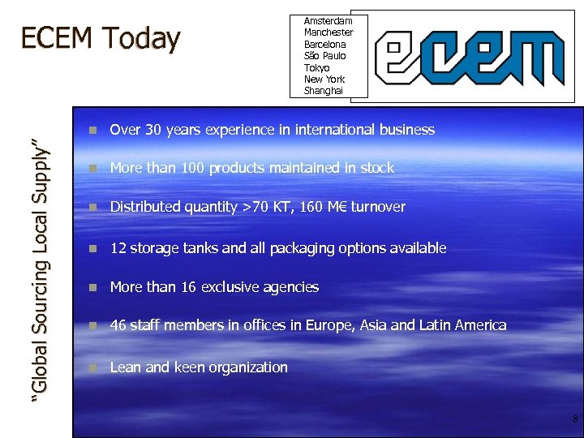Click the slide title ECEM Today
pyautogui.click(x=100, y=38)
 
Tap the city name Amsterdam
pyautogui.click(x=328, y=20)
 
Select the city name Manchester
pyautogui.click(x=328, y=32)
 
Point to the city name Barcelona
pyautogui.click(x=324, y=44)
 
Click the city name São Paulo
pyautogui.click(x=324, y=56)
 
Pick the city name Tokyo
pyautogui.click(x=317, y=67)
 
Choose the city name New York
pyautogui.click(x=324, y=79)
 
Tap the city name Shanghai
pyautogui.click(x=324, y=91)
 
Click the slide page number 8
pyautogui.click(x=575, y=419)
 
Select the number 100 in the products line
pyautogui.click(x=193, y=168)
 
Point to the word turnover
pyautogui.click(x=377, y=207)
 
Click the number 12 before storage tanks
pyautogui.click(x=118, y=248)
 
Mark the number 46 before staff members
pyautogui.click(x=118, y=325)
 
